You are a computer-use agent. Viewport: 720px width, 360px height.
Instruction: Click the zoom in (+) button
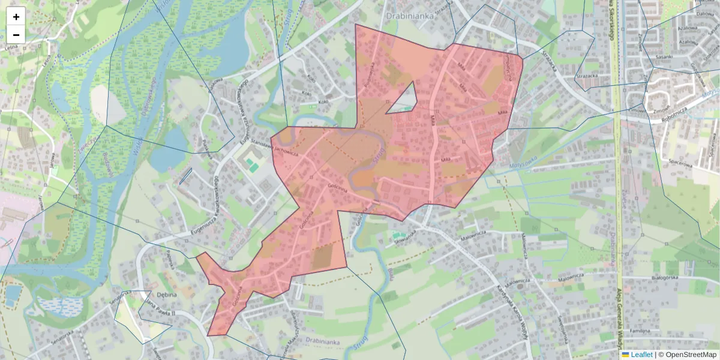[x=16, y=17]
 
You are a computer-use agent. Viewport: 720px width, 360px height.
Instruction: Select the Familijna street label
[x=640, y=331]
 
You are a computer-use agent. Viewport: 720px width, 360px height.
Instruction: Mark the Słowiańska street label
[x=404, y=235]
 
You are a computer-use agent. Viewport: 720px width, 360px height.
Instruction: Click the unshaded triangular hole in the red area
[x=404, y=100]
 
